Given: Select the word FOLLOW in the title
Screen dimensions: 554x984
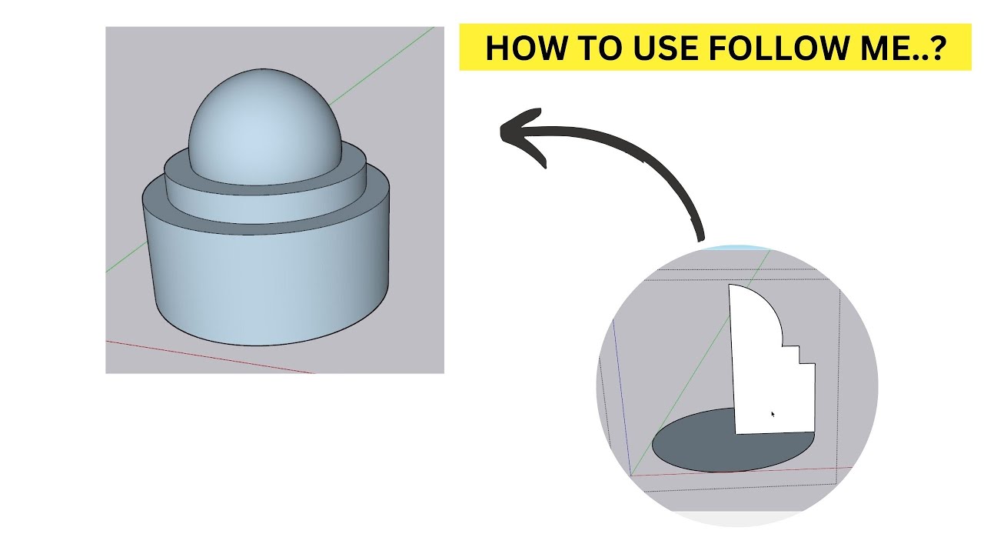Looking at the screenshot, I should pos(776,48).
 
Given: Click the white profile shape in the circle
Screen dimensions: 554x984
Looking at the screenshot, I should pos(765,369).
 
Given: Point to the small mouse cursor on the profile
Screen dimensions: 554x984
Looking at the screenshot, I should pos(772,414).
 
